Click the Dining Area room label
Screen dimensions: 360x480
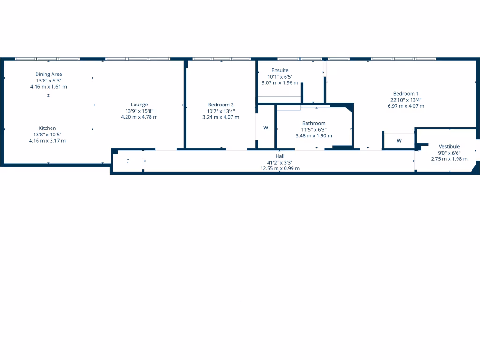tap(48, 74)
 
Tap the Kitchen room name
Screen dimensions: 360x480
tap(47, 128)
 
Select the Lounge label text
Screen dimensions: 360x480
tap(139, 105)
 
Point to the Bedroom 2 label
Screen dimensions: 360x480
tap(221, 105)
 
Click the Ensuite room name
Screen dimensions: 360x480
tap(280, 70)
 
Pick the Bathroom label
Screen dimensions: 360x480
tap(314, 123)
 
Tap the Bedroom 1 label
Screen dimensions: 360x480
tap(406, 93)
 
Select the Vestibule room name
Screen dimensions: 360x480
tap(449, 146)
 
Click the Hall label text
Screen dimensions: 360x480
tap(280, 156)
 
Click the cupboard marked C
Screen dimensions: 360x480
tap(128, 161)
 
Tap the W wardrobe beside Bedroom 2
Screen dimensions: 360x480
tap(266, 127)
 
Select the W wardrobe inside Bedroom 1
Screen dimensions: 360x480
tap(399, 140)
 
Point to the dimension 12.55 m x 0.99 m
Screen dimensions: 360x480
tap(280, 168)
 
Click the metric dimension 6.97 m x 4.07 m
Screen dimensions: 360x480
tap(406, 106)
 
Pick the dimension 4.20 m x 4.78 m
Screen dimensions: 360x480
tap(139, 117)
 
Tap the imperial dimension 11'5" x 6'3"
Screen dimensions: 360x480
tap(314, 129)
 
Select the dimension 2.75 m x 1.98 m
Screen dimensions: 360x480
tap(449, 159)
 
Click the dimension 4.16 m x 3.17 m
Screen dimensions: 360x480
tap(47, 140)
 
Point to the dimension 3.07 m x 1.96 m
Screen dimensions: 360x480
tap(280, 83)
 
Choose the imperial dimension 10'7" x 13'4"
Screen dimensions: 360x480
tap(221, 111)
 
